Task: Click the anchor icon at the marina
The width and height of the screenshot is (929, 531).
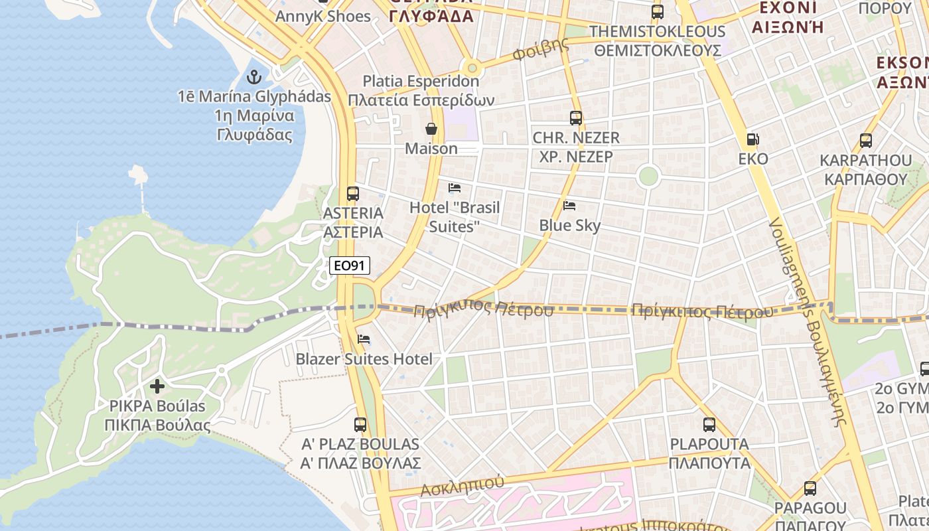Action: pyautogui.click(x=254, y=77)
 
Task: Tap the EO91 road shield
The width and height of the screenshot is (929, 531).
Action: pyautogui.click(x=350, y=265)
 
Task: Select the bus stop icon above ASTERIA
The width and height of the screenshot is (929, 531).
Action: pyautogui.click(x=353, y=194)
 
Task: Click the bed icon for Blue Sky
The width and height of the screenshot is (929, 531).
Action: pyautogui.click(x=569, y=206)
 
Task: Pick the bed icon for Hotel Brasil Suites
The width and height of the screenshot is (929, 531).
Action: pyautogui.click(x=455, y=188)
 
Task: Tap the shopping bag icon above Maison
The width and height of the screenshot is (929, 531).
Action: pyautogui.click(x=431, y=129)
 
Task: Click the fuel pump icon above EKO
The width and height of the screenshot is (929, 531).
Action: pyautogui.click(x=753, y=139)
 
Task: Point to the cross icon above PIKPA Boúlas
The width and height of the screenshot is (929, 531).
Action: pyautogui.click(x=157, y=386)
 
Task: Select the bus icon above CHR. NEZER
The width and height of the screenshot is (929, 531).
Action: pyautogui.click(x=576, y=118)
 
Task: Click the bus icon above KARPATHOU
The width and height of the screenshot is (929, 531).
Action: pyautogui.click(x=866, y=141)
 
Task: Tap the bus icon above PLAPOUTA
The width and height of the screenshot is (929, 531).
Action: pyautogui.click(x=709, y=425)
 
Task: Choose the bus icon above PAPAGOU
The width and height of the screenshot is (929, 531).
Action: pyautogui.click(x=810, y=489)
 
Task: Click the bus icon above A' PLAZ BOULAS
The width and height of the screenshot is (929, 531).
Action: pyautogui.click(x=360, y=425)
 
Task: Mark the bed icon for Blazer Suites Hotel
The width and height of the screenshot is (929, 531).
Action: pyautogui.click(x=364, y=339)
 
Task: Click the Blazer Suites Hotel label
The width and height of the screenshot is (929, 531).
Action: pyautogui.click(x=364, y=359)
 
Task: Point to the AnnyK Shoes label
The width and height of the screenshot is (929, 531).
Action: pyautogui.click(x=323, y=16)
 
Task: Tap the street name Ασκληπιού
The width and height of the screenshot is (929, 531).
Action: pyautogui.click(x=463, y=486)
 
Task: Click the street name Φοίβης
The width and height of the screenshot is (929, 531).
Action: pyautogui.click(x=541, y=50)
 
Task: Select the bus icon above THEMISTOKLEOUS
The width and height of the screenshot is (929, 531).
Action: pyautogui.click(x=658, y=11)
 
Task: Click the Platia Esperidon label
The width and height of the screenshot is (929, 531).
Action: pyautogui.click(x=421, y=81)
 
